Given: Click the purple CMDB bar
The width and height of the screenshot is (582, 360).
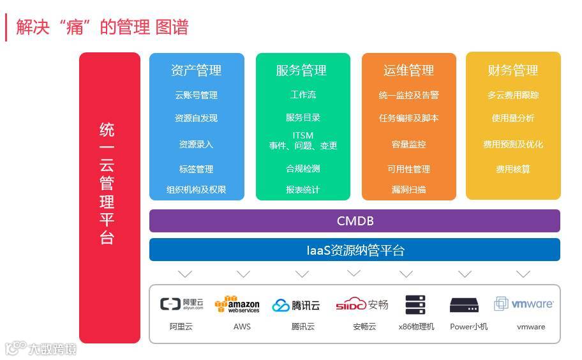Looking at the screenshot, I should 355,221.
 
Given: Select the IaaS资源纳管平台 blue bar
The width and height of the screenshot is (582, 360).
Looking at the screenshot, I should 355,250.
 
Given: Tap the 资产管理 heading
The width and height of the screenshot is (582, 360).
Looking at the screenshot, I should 197,70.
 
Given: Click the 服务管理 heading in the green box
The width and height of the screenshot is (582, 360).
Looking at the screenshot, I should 302,70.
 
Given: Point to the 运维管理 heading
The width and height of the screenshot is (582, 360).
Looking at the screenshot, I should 408,70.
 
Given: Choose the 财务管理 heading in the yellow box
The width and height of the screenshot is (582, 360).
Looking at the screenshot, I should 513,70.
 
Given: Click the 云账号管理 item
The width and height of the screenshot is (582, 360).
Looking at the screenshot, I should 197,95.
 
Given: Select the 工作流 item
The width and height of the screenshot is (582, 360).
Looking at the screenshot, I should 302,94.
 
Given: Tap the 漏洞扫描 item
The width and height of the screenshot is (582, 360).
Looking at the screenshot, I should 408,190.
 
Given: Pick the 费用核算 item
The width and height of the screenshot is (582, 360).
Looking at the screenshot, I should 513,169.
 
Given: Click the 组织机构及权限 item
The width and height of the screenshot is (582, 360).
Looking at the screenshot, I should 197,190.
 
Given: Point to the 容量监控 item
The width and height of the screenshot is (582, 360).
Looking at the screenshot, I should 408,144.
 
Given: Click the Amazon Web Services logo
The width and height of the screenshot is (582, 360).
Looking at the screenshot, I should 237,304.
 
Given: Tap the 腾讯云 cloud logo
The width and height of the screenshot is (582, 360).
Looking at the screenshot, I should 296,305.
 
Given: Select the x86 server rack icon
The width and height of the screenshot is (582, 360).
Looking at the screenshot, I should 415,305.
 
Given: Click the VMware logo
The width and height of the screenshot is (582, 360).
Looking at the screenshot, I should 524,304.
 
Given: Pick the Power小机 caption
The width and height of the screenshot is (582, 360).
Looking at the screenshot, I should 468,326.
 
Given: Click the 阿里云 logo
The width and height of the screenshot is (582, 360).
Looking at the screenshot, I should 182,304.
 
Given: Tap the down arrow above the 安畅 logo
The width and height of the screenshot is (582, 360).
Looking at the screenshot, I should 354,274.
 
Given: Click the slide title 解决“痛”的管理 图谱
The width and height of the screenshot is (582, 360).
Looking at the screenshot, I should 102,27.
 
